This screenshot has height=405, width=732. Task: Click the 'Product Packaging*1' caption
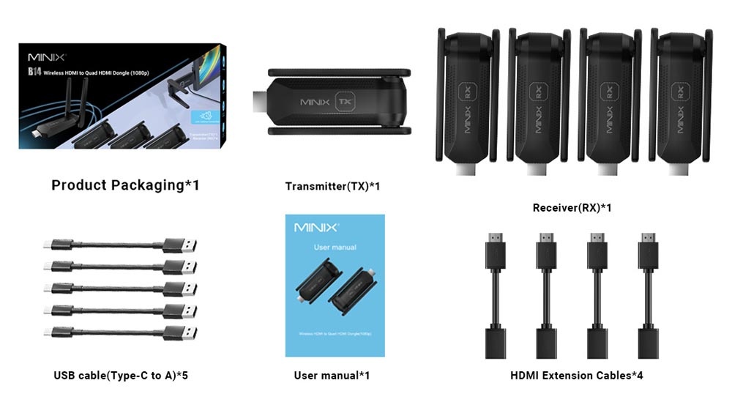125,185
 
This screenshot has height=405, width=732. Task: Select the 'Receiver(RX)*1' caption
572,208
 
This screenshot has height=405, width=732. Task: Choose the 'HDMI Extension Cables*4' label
577,376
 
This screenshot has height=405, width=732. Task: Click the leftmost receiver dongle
468,103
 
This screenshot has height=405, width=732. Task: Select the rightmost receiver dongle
681,103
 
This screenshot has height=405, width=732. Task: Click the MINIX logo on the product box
47,57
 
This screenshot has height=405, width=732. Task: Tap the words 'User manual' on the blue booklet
335,248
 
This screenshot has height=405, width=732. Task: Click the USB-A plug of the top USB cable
179,245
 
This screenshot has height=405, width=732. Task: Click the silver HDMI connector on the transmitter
260,103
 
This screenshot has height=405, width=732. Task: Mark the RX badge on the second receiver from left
537,94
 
